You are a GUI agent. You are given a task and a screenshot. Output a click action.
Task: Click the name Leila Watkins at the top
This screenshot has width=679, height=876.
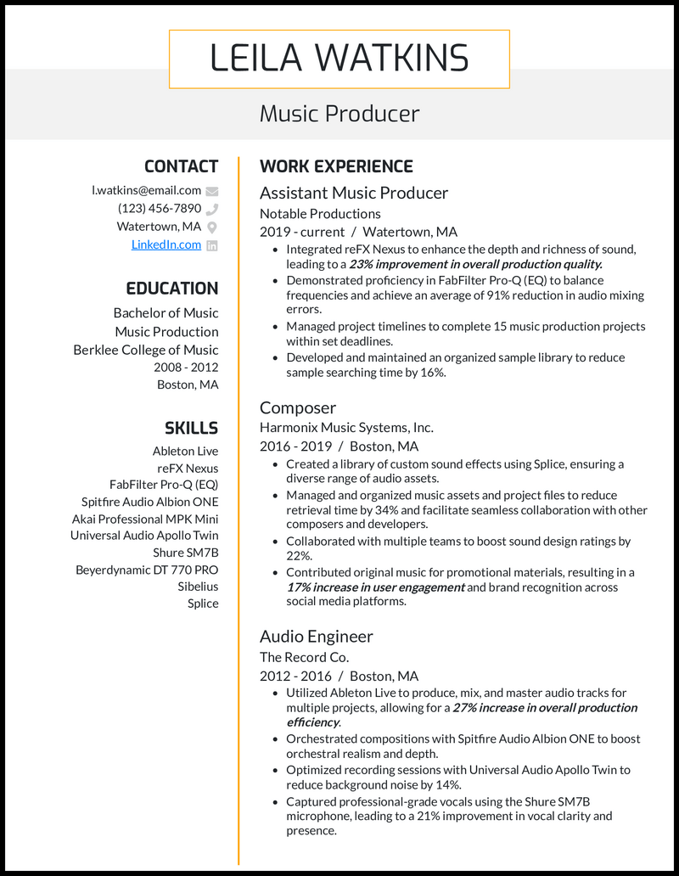pyautogui.click(x=339, y=59)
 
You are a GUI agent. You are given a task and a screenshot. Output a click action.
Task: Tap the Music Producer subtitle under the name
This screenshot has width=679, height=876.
pyautogui.click(x=339, y=114)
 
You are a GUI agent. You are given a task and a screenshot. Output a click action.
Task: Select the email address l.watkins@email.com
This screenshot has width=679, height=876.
pyautogui.click(x=146, y=190)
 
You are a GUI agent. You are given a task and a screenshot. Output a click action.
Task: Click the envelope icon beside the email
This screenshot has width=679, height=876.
pyautogui.click(x=212, y=191)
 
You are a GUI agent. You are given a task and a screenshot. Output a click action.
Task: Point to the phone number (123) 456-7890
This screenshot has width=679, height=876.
pyautogui.click(x=160, y=208)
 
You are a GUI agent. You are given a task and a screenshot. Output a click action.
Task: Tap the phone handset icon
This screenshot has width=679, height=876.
pyautogui.click(x=212, y=209)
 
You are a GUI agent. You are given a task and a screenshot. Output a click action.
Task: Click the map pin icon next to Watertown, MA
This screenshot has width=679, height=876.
pyautogui.click(x=212, y=227)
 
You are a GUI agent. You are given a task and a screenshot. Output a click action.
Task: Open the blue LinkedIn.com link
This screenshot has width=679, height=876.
pyautogui.click(x=166, y=244)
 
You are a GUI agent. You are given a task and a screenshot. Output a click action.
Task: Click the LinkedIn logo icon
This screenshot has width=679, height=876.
pyautogui.click(x=212, y=245)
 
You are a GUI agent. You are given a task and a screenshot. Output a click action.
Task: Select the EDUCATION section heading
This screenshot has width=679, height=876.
pyautogui.click(x=171, y=289)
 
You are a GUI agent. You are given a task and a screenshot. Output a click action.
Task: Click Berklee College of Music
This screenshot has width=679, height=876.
pyautogui.click(x=145, y=350)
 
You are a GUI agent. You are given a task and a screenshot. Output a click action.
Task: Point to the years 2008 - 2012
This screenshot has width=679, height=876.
pyautogui.click(x=186, y=368)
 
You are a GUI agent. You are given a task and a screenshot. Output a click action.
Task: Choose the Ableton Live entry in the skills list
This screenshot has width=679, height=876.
pyautogui.click(x=185, y=452)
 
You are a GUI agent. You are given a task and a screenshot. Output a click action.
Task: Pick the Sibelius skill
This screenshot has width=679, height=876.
pyautogui.click(x=198, y=587)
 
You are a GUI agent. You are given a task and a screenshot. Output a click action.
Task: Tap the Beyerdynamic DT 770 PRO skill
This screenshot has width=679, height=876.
pyautogui.click(x=147, y=570)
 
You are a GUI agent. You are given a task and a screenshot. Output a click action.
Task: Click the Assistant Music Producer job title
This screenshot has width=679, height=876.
pyautogui.click(x=353, y=193)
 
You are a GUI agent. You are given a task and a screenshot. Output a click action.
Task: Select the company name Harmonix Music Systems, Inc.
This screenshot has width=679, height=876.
pyautogui.click(x=346, y=428)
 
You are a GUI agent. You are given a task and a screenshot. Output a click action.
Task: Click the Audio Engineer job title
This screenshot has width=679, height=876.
pyautogui.click(x=316, y=636)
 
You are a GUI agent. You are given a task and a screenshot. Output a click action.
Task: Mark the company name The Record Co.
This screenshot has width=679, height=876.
pyautogui.click(x=304, y=657)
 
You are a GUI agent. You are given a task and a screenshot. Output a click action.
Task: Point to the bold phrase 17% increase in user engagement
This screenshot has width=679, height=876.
pyautogui.click(x=375, y=587)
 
